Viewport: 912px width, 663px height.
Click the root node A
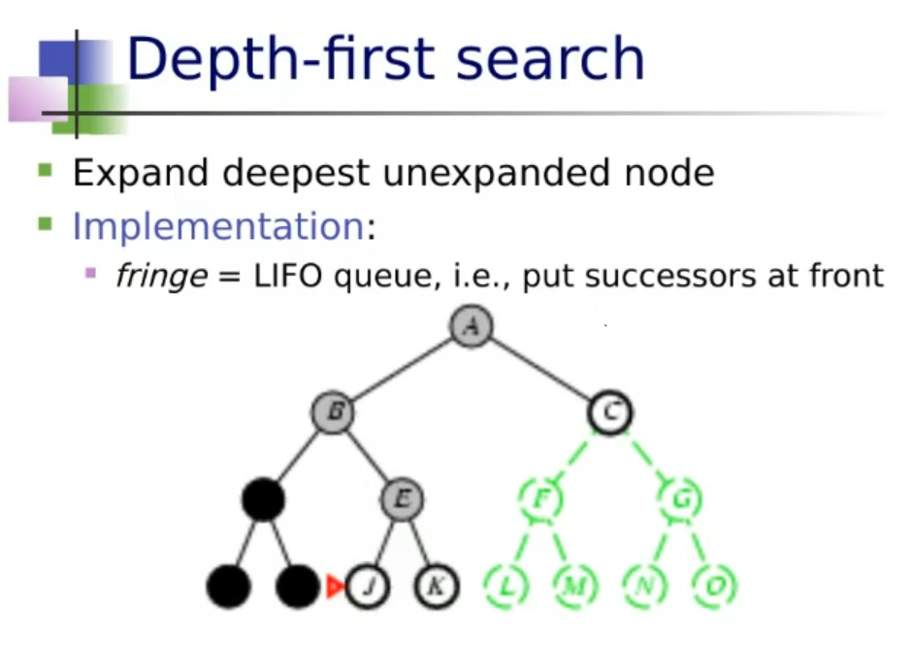[x=472, y=326]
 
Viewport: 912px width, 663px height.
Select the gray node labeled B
[x=333, y=413]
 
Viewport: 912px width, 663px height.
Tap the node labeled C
[x=609, y=413]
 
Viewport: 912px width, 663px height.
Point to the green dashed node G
[x=680, y=500]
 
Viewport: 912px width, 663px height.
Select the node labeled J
[x=368, y=586]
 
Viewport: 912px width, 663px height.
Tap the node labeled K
[x=436, y=586]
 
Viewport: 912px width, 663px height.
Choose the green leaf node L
[x=505, y=586]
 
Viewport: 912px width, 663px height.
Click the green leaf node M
[x=575, y=586]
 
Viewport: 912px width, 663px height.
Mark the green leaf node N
[x=645, y=586]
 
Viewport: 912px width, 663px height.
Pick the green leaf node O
[x=715, y=586]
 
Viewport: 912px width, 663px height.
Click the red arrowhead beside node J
[x=335, y=586]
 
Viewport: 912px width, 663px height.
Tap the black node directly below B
[x=263, y=500]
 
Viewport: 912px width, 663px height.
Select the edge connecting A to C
[x=540, y=370]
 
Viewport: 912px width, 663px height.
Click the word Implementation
[x=217, y=226]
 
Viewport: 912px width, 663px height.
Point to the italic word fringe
[x=160, y=277]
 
